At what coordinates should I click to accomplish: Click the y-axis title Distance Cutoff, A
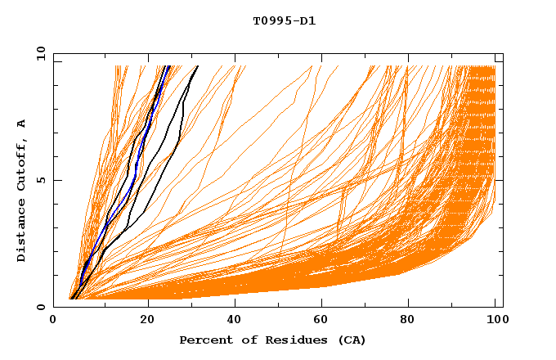point(21,190)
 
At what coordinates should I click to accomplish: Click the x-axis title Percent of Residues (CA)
point(272,340)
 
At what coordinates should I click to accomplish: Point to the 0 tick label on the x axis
point(53,320)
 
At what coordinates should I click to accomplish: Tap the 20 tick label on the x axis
point(148,320)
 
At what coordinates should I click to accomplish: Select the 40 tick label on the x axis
point(235,320)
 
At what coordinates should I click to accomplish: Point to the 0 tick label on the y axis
point(42,307)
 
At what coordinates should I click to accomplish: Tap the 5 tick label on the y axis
point(42,180)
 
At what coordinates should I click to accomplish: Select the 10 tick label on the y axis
point(38,53)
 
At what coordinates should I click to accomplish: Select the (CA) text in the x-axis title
point(350,340)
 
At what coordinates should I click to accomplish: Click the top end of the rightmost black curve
point(197,66)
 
